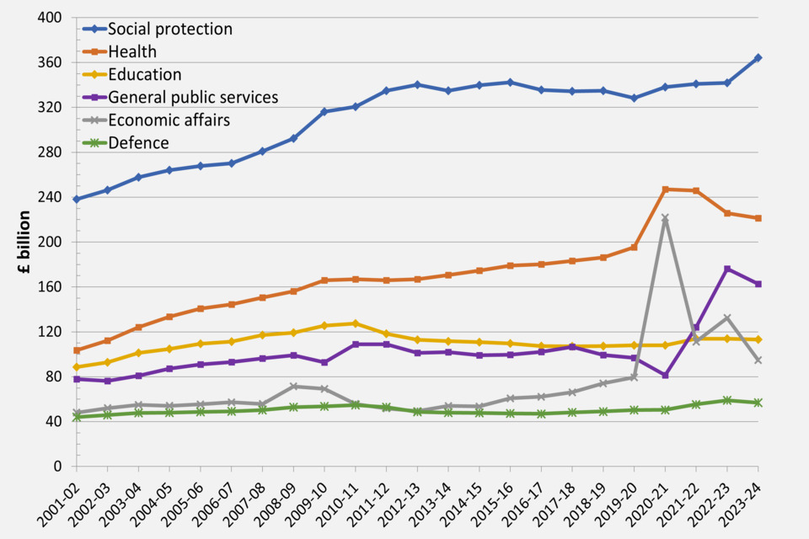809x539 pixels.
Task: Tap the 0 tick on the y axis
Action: point(57,466)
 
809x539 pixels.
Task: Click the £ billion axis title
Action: point(25,242)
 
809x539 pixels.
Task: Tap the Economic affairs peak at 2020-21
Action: point(665,218)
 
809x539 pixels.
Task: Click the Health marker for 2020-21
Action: point(665,189)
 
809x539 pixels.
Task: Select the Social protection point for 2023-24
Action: point(758,58)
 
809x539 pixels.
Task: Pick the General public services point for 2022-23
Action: point(727,269)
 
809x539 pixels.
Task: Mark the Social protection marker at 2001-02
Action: point(77,200)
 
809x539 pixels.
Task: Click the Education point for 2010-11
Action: point(356,323)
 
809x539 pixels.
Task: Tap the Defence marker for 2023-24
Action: point(758,403)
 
